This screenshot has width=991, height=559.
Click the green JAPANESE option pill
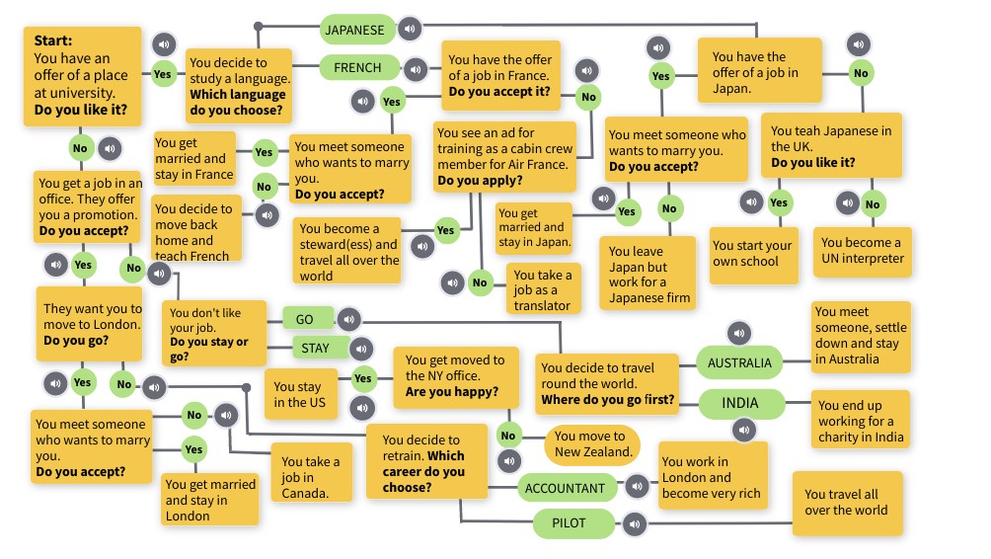click(x=355, y=30)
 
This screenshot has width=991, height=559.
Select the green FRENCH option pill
click(x=357, y=68)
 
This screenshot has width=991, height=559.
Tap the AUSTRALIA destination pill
click(x=739, y=362)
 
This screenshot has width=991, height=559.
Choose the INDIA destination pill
click(x=740, y=404)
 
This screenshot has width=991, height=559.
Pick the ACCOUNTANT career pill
click(x=566, y=488)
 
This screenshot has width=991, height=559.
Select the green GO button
click(x=304, y=319)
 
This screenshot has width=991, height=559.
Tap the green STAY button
click(x=315, y=348)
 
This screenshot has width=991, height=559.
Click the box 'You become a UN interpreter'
click(x=861, y=251)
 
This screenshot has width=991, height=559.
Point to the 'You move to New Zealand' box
click(x=590, y=444)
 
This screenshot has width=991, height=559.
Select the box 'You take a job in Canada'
click(x=311, y=477)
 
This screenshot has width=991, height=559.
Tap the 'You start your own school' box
click(x=752, y=255)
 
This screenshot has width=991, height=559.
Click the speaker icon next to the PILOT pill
click(x=634, y=523)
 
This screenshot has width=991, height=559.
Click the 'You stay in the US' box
click(x=297, y=395)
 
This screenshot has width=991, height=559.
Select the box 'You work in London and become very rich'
click(x=711, y=477)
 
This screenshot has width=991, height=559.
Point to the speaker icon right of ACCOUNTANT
click(x=637, y=486)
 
